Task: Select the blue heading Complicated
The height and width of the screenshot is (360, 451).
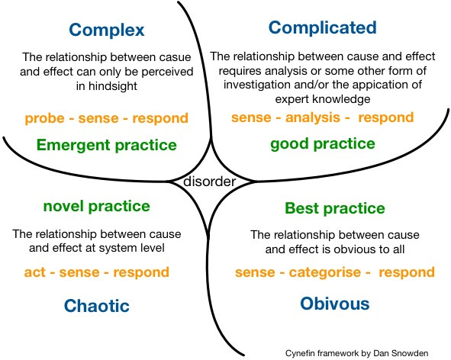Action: coord(323,28)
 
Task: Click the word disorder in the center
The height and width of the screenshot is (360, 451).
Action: coord(211,182)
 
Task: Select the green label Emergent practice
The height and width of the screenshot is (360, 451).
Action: coord(106,145)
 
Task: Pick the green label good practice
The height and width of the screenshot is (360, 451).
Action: coord(323,143)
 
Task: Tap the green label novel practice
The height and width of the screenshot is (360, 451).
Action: coord(96,206)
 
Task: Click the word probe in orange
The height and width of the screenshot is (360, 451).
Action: coord(42,119)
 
